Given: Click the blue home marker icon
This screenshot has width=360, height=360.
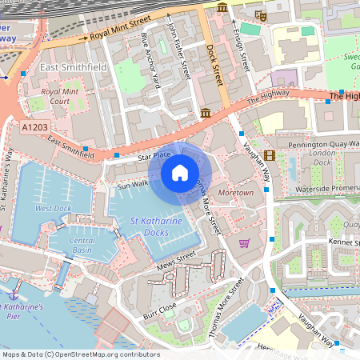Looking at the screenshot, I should coord(180,172).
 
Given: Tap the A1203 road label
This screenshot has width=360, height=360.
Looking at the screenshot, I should coord(34,126).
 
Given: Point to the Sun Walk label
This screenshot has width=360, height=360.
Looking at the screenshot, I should coord(133,185).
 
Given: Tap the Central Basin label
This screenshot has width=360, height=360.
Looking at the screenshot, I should coord(82,244).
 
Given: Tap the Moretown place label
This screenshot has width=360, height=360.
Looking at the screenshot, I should coord(236,194).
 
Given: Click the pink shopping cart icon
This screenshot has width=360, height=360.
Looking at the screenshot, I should coord(244,243).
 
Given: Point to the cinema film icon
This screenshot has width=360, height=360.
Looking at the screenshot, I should coord(269,155).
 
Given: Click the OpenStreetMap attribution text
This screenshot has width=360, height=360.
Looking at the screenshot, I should coord(80,354).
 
